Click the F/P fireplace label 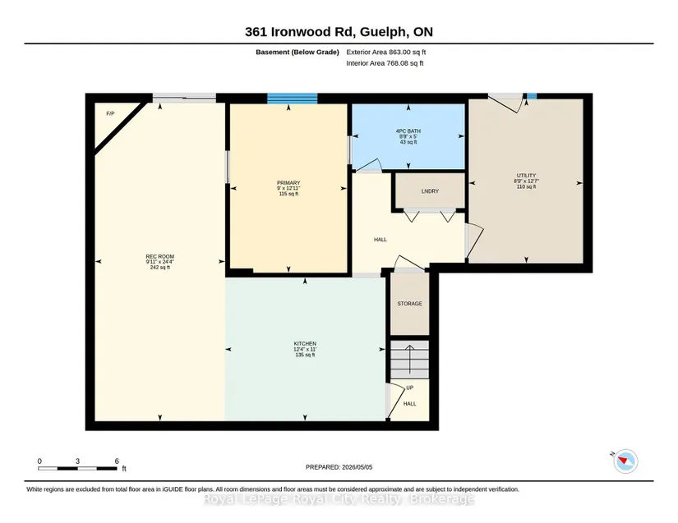110,113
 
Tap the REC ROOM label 160,256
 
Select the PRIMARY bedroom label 288,183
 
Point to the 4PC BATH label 408,131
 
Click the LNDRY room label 430,190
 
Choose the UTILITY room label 526,176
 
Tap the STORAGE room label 409,304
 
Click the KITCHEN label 305,344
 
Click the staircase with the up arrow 410,360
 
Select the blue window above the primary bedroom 293,99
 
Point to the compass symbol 625,461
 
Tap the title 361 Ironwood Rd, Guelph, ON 339,32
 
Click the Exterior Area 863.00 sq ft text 386,52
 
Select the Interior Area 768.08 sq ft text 385,63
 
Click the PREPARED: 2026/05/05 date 339,467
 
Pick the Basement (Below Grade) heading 297,52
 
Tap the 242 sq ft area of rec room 160,268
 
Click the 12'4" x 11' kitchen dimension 305,350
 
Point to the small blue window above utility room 532,96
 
